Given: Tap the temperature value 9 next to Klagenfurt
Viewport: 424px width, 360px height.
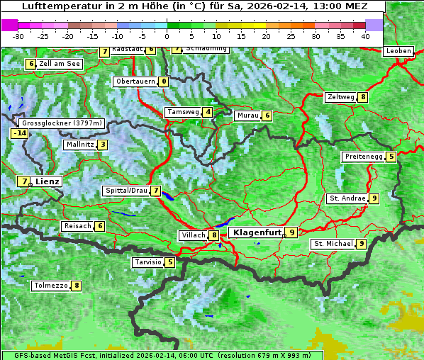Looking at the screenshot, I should click(291, 232).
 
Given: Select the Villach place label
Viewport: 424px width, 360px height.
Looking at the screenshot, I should click(193, 235).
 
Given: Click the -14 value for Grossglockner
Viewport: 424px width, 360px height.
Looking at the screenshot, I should click(19, 133).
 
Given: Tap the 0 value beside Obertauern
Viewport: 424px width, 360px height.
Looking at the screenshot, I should click(164, 81).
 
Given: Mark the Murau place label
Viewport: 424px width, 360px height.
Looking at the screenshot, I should click(247, 116).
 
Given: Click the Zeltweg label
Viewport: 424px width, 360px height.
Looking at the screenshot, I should click(340, 97).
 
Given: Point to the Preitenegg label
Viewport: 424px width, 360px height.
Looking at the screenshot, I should click(364, 157).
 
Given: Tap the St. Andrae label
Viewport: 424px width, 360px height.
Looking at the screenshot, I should click(347, 198).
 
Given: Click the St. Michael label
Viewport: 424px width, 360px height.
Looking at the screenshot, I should click(333, 244).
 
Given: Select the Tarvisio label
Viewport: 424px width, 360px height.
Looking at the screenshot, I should click(147, 262).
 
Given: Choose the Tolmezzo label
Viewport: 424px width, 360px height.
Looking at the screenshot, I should click(50, 286).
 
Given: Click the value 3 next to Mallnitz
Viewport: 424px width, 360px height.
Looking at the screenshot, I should click(103, 145).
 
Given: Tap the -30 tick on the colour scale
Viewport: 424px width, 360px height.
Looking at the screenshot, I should click(18, 36).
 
